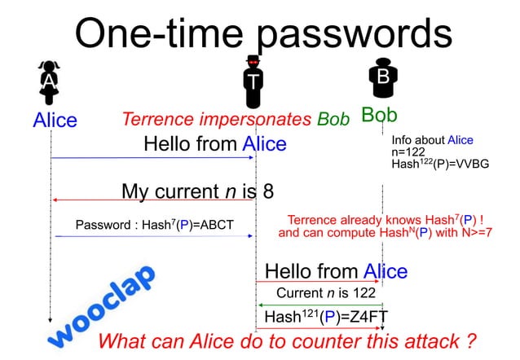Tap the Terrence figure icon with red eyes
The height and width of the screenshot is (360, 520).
[254, 81]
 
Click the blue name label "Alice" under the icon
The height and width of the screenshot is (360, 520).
[55, 121]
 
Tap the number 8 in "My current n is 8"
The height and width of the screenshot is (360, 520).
[267, 191]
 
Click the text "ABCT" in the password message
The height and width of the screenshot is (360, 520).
[233, 225]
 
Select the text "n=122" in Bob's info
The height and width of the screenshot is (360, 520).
[409, 151]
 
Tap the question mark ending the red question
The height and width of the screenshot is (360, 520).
[470, 340]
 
